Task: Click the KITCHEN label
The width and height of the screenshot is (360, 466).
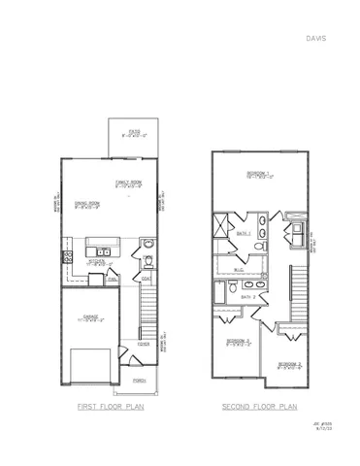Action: (x=99, y=260)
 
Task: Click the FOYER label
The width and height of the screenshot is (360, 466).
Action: (x=143, y=344)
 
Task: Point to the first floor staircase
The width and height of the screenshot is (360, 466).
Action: (x=147, y=311)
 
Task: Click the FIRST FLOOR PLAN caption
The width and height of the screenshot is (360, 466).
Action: (x=111, y=408)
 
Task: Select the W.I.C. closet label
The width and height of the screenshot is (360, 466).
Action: (x=241, y=269)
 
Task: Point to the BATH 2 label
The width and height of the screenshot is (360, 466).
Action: (x=247, y=296)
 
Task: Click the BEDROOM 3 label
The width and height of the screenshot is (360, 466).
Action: (x=289, y=364)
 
